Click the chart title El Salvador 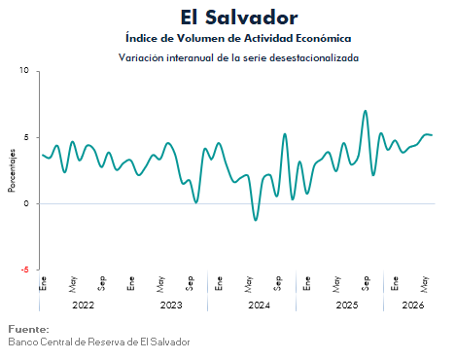[x=239, y=18]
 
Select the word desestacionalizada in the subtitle [x=314, y=57]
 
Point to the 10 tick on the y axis [x=24, y=70]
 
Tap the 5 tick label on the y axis [x=26, y=137]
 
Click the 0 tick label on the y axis [x=26, y=203]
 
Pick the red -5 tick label [x=24, y=270]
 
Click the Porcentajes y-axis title [x=12, y=170]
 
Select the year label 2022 [x=83, y=306]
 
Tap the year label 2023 [x=171, y=306]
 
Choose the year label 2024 [x=259, y=306]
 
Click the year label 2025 [x=347, y=306]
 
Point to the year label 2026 [x=413, y=306]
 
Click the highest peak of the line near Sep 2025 [x=366, y=111]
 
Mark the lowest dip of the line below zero [x=256, y=220]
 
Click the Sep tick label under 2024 [x=278, y=283]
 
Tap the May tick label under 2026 [x=424, y=284]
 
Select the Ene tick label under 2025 [x=307, y=283]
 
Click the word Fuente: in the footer [x=28, y=329]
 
